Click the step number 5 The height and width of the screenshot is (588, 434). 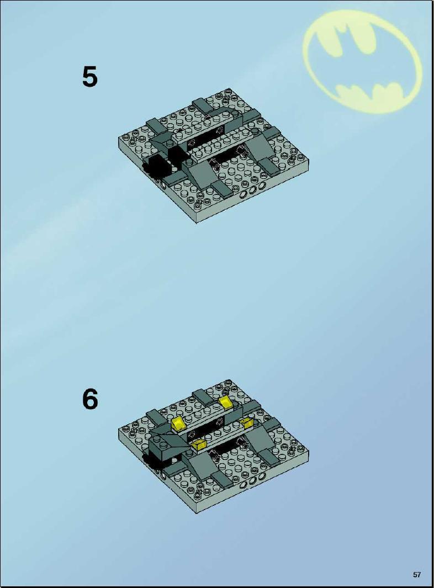90,77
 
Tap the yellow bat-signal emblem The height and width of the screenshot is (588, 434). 362,62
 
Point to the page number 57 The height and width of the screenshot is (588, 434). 417,575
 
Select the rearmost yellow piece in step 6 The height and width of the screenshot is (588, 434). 226,402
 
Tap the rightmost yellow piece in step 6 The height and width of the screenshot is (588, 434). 248,423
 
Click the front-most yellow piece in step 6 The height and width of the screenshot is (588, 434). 199,445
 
